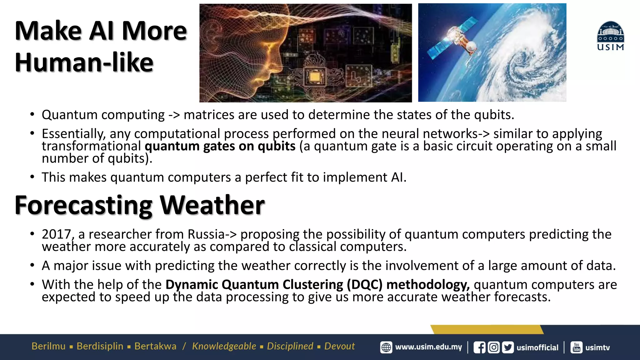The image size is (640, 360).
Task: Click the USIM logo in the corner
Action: [x=611, y=36]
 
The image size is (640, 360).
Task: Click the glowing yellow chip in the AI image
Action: [x=315, y=77]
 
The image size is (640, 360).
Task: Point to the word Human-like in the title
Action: [x=84, y=62]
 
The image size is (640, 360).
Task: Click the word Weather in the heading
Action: [x=212, y=205]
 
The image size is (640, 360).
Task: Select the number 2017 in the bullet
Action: [x=57, y=234]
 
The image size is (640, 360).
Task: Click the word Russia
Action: [x=206, y=234]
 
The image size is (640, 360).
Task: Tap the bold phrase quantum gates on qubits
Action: [x=220, y=146]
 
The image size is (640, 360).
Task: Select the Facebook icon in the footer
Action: [x=479, y=347]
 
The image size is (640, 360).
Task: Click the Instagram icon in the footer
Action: [x=494, y=347]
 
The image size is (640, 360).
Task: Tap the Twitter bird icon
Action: [x=508, y=347]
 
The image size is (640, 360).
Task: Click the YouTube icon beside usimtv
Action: [x=577, y=347]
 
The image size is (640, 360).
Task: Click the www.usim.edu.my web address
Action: [x=428, y=347]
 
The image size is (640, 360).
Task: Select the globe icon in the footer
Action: [x=386, y=347]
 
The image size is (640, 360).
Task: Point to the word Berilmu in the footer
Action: [x=48, y=346]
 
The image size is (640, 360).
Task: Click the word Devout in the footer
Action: [x=339, y=346]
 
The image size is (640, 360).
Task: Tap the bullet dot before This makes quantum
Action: [x=32, y=177]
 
